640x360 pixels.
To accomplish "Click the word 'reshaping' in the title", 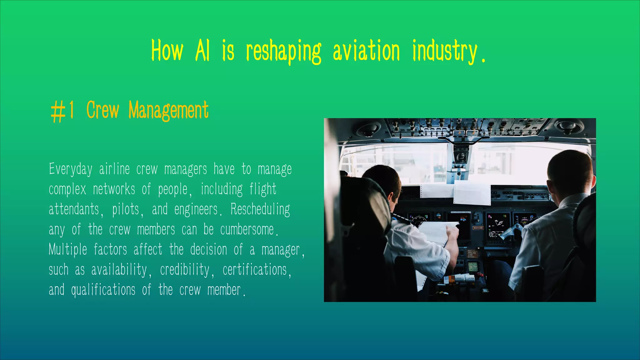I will click(283, 52).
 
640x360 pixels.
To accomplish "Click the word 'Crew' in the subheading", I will click(102, 110).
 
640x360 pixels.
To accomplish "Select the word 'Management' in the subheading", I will click(168, 111).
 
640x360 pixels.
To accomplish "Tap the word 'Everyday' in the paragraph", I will click(71, 169).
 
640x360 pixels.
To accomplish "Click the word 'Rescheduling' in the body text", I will click(260, 209).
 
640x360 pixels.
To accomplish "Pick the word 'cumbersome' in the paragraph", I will click(247, 230).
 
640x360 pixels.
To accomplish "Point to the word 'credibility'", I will click(185, 270).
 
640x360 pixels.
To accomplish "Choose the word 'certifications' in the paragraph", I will click(255, 270).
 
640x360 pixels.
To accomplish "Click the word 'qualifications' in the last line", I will click(103, 290).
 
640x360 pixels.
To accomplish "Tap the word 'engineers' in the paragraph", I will click(196, 209).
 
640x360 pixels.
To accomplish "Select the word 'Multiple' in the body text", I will click(68, 250).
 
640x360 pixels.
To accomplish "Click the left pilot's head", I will click(383, 181).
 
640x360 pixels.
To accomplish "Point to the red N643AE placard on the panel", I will click(478, 228).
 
